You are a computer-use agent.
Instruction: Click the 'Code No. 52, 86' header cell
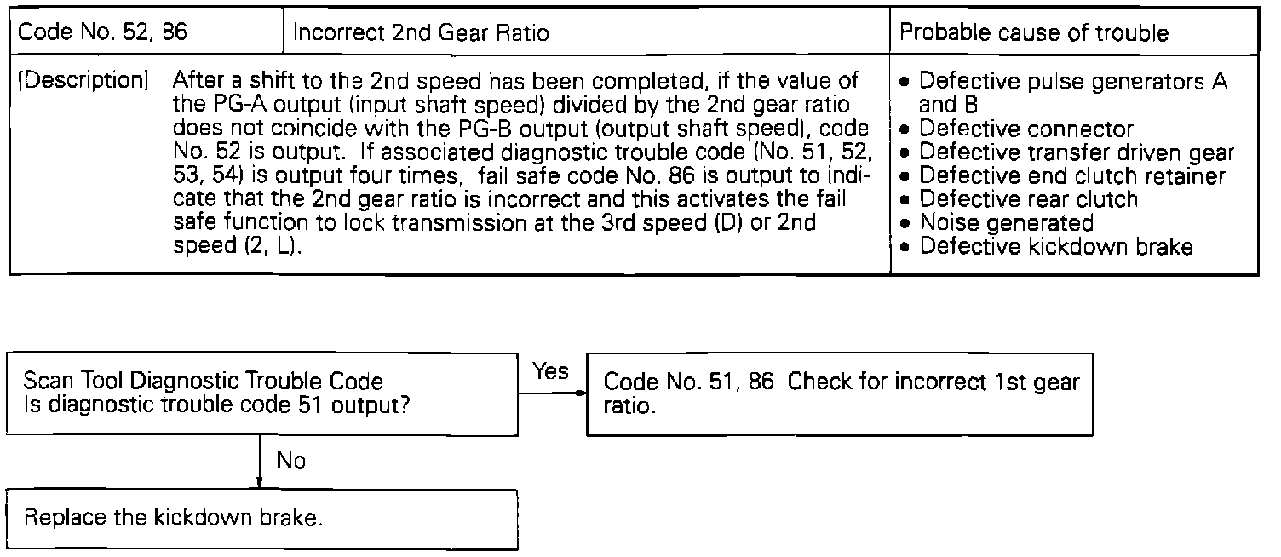tap(103, 33)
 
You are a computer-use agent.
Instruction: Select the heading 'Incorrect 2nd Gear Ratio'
tap(421, 34)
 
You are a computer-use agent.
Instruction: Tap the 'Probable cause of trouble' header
tap(1034, 34)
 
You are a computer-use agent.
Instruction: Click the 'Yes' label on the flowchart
tap(550, 370)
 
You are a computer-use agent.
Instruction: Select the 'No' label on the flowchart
tap(291, 461)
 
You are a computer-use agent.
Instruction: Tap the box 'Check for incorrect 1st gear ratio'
tap(839, 393)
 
